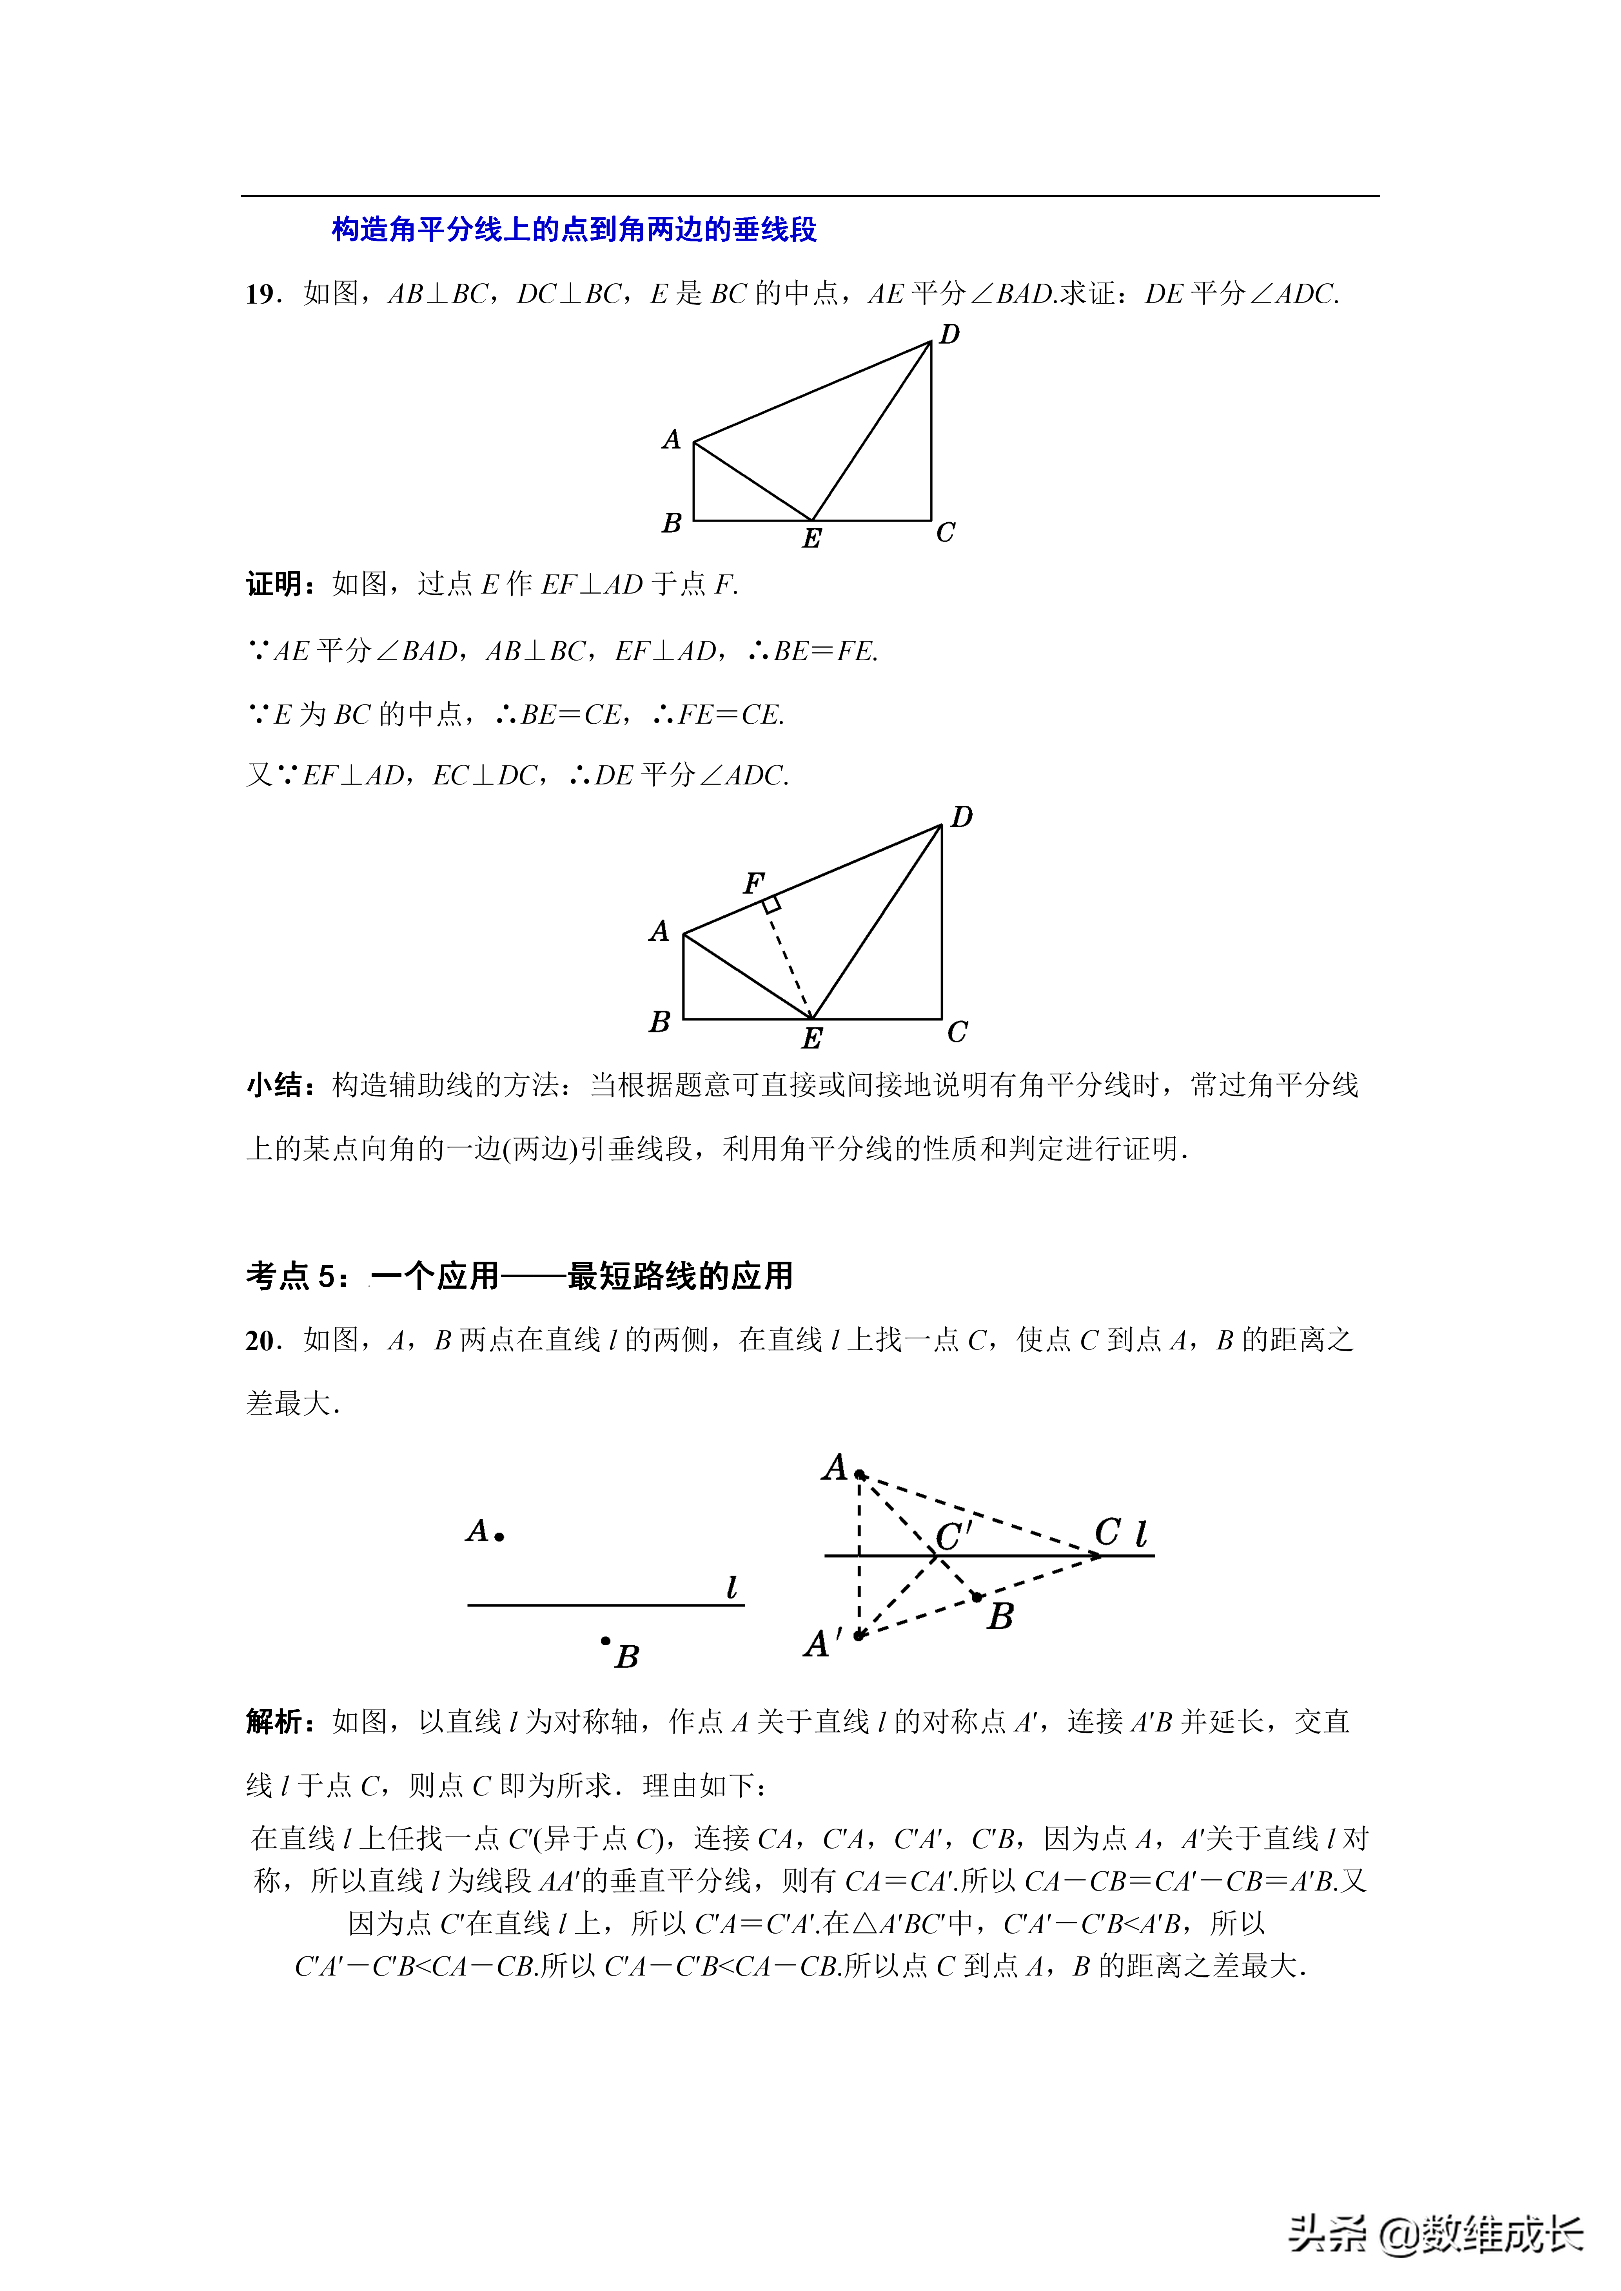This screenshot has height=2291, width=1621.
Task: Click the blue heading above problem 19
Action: point(574,230)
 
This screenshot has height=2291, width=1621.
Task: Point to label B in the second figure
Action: point(659,1022)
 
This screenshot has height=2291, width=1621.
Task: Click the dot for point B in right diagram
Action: point(977,1597)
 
